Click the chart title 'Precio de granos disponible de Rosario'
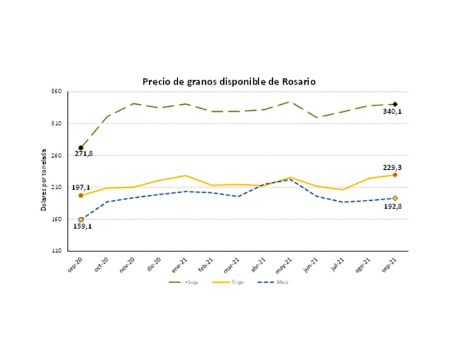(229, 82)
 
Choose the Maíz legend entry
(281, 282)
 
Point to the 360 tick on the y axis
(56, 92)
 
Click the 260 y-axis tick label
(56, 156)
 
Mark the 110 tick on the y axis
(56, 251)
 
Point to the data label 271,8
(82, 155)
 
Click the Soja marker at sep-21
(395, 104)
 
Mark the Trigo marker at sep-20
(81, 195)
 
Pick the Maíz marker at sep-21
(395, 198)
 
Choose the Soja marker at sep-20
(81, 148)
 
